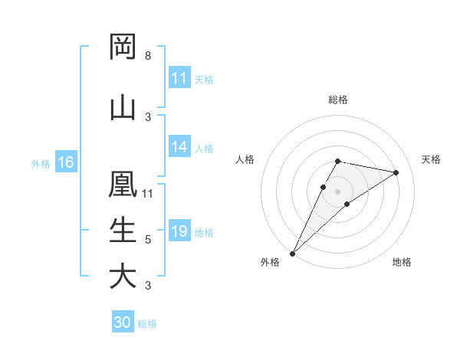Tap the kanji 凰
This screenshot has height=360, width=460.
coord(123,184)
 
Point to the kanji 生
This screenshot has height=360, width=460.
coord(123,230)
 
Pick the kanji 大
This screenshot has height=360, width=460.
coord(123,276)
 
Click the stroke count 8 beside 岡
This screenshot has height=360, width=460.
coord(148,56)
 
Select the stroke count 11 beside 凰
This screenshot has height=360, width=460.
coord(148,193)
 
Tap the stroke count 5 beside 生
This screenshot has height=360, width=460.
coord(148,240)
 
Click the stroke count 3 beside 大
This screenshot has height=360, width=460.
coord(148,286)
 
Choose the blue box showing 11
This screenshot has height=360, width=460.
coord(179,79)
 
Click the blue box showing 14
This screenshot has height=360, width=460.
coord(179,148)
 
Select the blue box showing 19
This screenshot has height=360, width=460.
coord(179,232)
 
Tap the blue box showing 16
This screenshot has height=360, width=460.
coord(66,162)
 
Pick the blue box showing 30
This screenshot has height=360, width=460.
coord(123,323)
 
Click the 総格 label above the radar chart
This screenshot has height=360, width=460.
coord(337,100)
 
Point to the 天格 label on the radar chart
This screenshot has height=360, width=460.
coord(432,159)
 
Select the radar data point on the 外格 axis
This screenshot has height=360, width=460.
coord(292,253)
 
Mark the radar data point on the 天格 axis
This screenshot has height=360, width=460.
coord(396,173)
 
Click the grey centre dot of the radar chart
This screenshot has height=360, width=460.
coord(337,191)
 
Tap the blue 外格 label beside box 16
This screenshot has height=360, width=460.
coord(41,163)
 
